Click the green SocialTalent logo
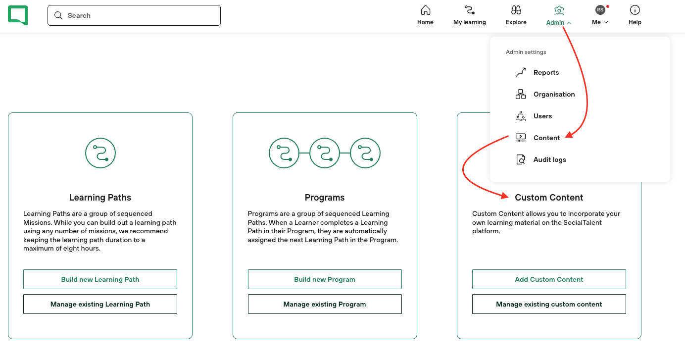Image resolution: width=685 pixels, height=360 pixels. pyautogui.click(x=18, y=15)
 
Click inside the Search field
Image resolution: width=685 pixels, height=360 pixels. pyautogui.click(x=134, y=15)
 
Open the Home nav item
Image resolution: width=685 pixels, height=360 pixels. pyautogui.click(x=425, y=15)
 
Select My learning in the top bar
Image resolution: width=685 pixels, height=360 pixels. pyautogui.click(x=469, y=15)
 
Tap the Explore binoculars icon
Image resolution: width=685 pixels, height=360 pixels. pyautogui.click(x=516, y=10)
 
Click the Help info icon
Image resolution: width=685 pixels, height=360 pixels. pyautogui.click(x=635, y=10)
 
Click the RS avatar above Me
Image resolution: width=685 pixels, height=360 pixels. pyautogui.click(x=600, y=10)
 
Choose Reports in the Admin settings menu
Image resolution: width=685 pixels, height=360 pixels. pyautogui.click(x=546, y=72)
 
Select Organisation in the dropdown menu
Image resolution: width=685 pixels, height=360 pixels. pyautogui.click(x=554, y=94)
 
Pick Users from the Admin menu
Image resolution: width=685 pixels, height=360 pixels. pyautogui.click(x=542, y=116)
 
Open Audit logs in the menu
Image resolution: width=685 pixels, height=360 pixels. pyautogui.click(x=549, y=159)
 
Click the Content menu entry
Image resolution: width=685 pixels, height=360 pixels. pyautogui.click(x=546, y=138)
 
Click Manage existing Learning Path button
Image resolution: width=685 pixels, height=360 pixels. pyautogui.click(x=100, y=304)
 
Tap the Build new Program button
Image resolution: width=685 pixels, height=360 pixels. pyautogui.click(x=325, y=279)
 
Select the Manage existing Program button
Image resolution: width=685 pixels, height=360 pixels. pyautogui.click(x=325, y=304)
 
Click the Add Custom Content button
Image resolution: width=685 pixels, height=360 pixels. pyautogui.click(x=549, y=279)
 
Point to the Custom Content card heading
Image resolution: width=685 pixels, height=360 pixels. pyautogui.click(x=549, y=198)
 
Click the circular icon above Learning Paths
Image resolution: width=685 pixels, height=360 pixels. pyautogui.click(x=100, y=138)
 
